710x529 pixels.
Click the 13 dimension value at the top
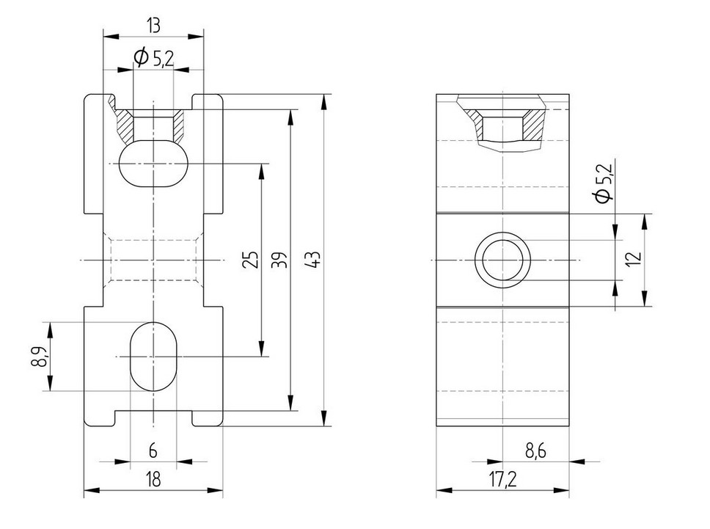coord(153,26)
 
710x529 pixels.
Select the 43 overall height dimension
coord(315,260)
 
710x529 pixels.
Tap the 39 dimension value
coord(282,260)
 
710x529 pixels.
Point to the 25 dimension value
coord(252,260)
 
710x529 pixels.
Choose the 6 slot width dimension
coord(153,450)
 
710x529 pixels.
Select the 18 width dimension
coord(153,478)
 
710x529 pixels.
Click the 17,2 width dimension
coord(502,479)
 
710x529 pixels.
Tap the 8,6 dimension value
coord(535,451)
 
